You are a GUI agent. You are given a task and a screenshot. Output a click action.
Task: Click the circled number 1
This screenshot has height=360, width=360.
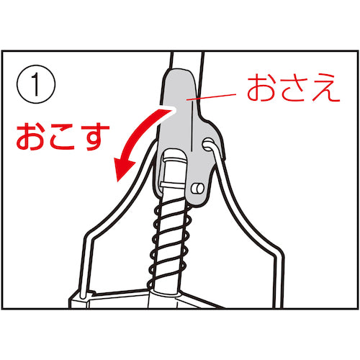(36, 84)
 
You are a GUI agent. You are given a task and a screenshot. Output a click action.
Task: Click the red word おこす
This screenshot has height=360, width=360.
(63, 137)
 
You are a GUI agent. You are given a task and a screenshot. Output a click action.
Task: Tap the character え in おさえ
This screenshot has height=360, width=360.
(326, 88)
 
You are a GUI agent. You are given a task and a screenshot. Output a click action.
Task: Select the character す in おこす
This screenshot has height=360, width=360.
(96, 138)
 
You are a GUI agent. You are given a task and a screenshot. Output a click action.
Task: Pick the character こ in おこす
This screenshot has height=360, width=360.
(63, 138)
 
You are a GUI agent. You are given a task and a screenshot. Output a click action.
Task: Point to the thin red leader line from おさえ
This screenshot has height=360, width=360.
(211, 96)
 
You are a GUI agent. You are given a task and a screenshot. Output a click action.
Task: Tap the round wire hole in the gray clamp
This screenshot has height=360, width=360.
(208, 144)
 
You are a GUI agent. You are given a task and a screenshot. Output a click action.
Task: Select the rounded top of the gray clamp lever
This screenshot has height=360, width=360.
(179, 73)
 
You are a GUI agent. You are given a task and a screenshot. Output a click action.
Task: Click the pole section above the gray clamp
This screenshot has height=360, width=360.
(186, 60)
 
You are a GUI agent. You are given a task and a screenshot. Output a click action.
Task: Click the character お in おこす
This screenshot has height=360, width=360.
(31, 137)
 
